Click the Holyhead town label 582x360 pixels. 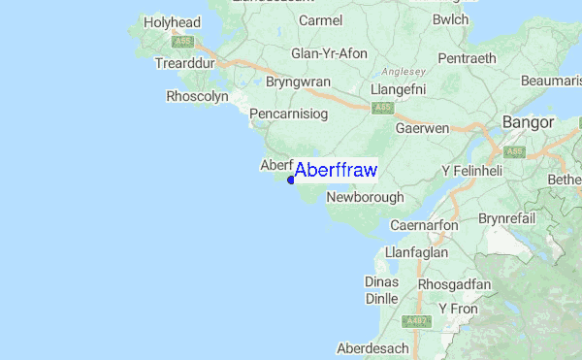coord(171,21)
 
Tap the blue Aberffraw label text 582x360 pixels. coord(336,170)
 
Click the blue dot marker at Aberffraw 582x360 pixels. coord(291,180)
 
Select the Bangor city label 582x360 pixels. coord(528,122)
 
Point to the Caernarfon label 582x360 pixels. coord(423,225)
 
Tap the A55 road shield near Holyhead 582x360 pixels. coord(183,42)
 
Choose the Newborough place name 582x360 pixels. coord(365,197)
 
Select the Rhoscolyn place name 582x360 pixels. coord(197,96)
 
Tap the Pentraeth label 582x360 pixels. coord(468,59)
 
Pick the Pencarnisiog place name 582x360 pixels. coord(290,115)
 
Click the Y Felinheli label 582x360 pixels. coord(473,171)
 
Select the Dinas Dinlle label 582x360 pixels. coord(381,290)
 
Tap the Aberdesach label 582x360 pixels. coord(374,347)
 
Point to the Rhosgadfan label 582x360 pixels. coord(455,284)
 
